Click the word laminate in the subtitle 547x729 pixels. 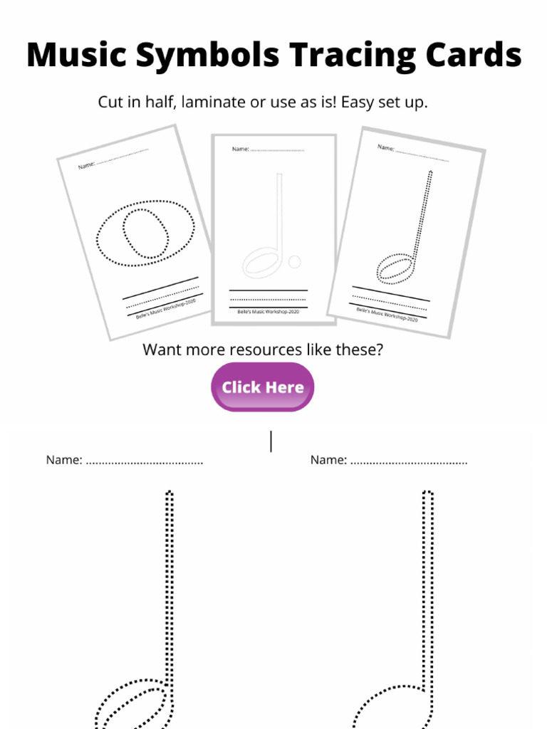tap(213, 103)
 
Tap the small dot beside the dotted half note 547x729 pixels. tap(295, 261)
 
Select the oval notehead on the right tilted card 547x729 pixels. tap(394, 269)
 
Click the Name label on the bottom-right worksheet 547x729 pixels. tap(328, 461)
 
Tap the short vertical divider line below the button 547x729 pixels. tap(271, 441)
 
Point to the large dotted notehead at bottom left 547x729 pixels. tap(135, 705)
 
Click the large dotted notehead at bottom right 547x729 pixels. tap(392, 708)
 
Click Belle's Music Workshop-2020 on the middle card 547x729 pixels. tap(268, 312)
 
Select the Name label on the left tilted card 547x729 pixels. tap(86, 165)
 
